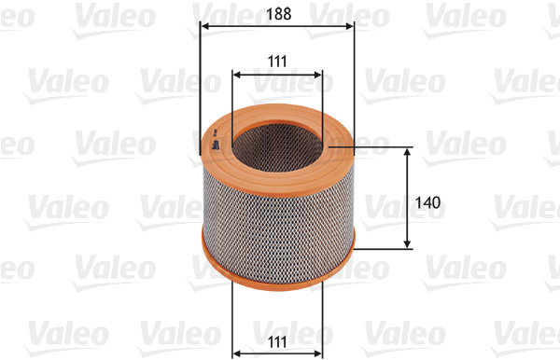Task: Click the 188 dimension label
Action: (x=277, y=14)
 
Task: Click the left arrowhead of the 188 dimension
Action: (x=205, y=27)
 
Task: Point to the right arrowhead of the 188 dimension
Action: (x=351, y=27)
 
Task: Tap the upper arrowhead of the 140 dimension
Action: (x=408, y=151)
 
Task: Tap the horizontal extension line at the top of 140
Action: (x=383, y=146)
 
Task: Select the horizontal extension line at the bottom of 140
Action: (x=383, y=249)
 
